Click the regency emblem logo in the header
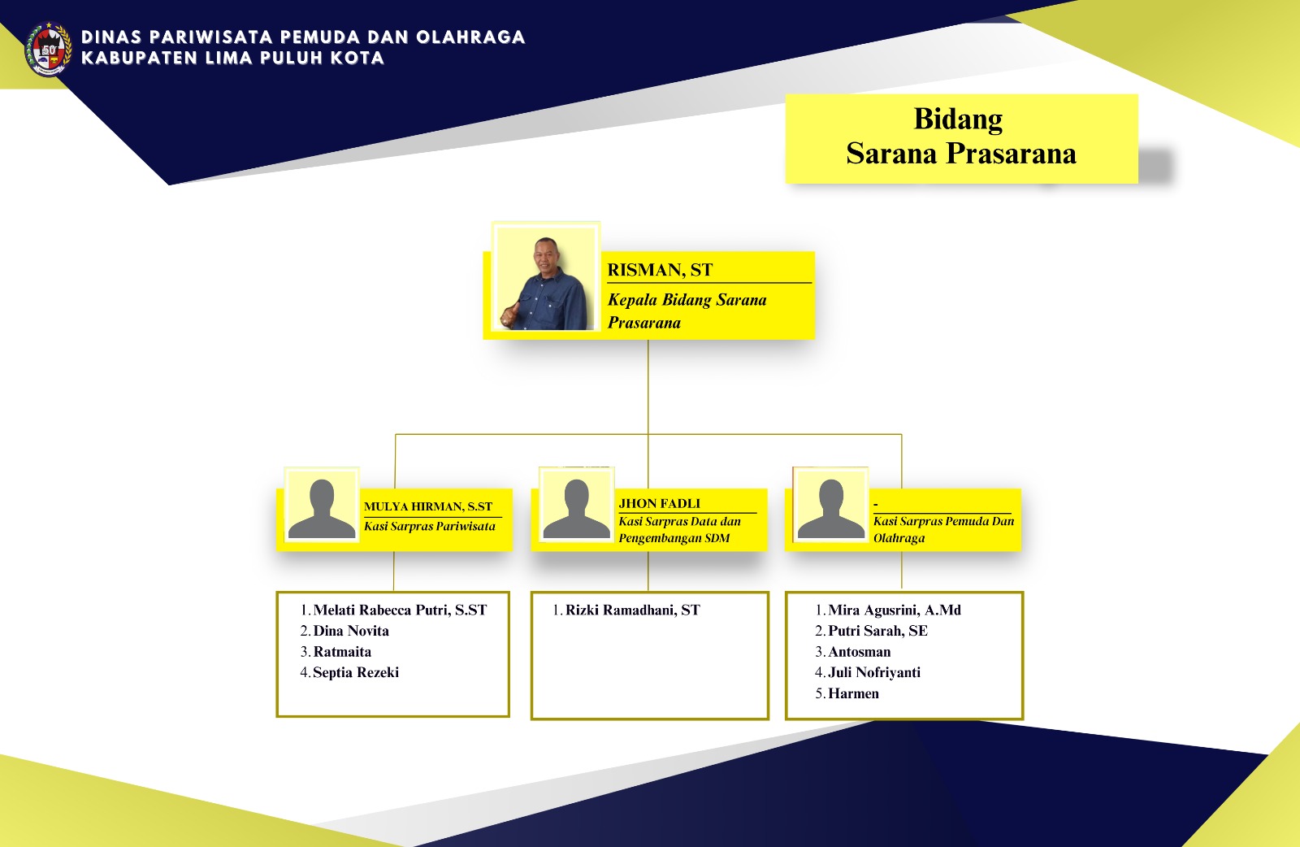pos(48,49)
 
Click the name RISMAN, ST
pos(660,270)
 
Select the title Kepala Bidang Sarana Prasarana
pos(687,311)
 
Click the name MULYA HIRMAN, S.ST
pos(427,506)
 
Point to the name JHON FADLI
pos(659,503)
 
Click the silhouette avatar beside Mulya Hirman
pos(322,505)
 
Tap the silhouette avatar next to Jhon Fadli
pos(576,505)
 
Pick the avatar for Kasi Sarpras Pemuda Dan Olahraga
pos(830,505)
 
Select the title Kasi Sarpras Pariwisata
pos(430,526)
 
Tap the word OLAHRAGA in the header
pos(470,37)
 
